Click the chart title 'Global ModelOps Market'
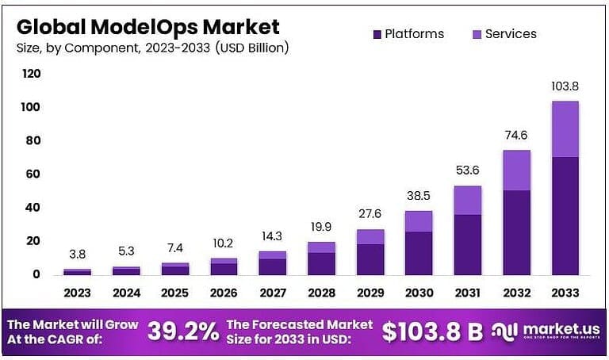[x=147, y=26]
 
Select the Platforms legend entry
[x=408, y=34]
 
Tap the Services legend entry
[x=504, y=34]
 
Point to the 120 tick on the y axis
[x=31, y=74]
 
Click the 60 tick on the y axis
[x=31, y=174]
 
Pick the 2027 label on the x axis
[x=272, y=293]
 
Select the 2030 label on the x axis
[x=418, y=293]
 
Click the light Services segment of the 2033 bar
[x=565, y=128]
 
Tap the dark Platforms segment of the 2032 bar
[x=515, y=232]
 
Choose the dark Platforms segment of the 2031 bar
[x=467, y=244]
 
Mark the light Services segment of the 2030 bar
[x=418, y=220]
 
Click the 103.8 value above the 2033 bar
[x=565, y=86]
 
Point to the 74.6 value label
[x=515, y=135]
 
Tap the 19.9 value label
[x=320, y=227]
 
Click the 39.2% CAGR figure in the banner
[x=182, y=331]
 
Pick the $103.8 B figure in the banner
[x=431, y=332]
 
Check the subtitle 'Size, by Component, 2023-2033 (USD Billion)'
[x=152, y=48]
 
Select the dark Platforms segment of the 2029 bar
[x=370, y=259]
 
